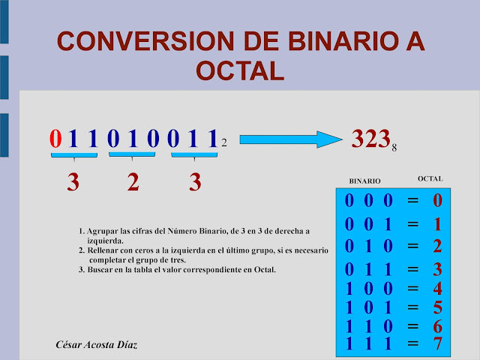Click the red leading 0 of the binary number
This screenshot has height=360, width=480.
tap(55, 139)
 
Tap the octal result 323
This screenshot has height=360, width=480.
tap(370, 138)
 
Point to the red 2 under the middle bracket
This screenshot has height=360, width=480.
tap(133, 182)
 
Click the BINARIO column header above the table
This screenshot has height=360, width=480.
tap(365, 181)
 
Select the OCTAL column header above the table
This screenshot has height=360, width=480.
tap(430, 178)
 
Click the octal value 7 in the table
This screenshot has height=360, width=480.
tap(438, 344)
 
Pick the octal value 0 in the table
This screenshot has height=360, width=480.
tap(438, 201)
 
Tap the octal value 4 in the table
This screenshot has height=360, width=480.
tap(438, 289)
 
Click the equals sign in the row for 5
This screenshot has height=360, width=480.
tap(412, 307)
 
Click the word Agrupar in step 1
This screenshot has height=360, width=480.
tap(102, 232)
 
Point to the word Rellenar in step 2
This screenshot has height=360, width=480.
tap(104, 250)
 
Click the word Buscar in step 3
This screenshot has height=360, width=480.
tap(100, 269)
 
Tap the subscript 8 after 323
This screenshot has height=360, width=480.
tap(394, 148)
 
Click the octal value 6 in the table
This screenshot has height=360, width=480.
tap(438, 326)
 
